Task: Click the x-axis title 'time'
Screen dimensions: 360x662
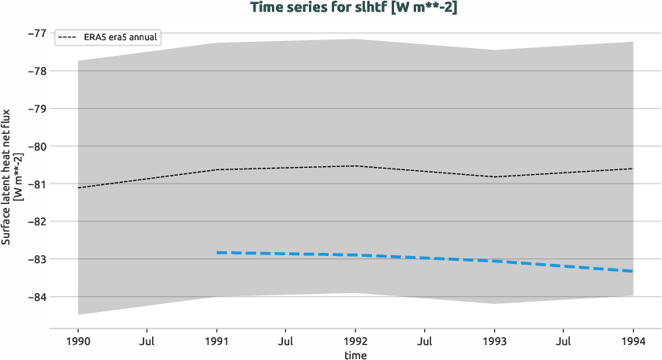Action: (355, 354)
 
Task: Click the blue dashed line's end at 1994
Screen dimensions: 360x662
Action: (632, 271)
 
